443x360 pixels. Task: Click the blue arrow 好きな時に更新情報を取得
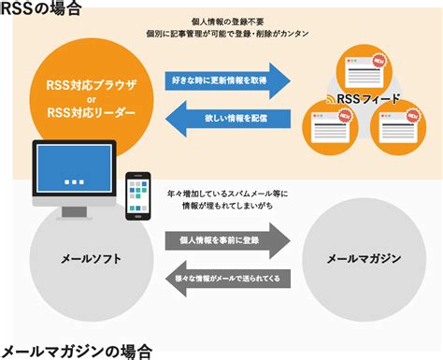point(227,79)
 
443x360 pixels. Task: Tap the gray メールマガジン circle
point(363,257)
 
